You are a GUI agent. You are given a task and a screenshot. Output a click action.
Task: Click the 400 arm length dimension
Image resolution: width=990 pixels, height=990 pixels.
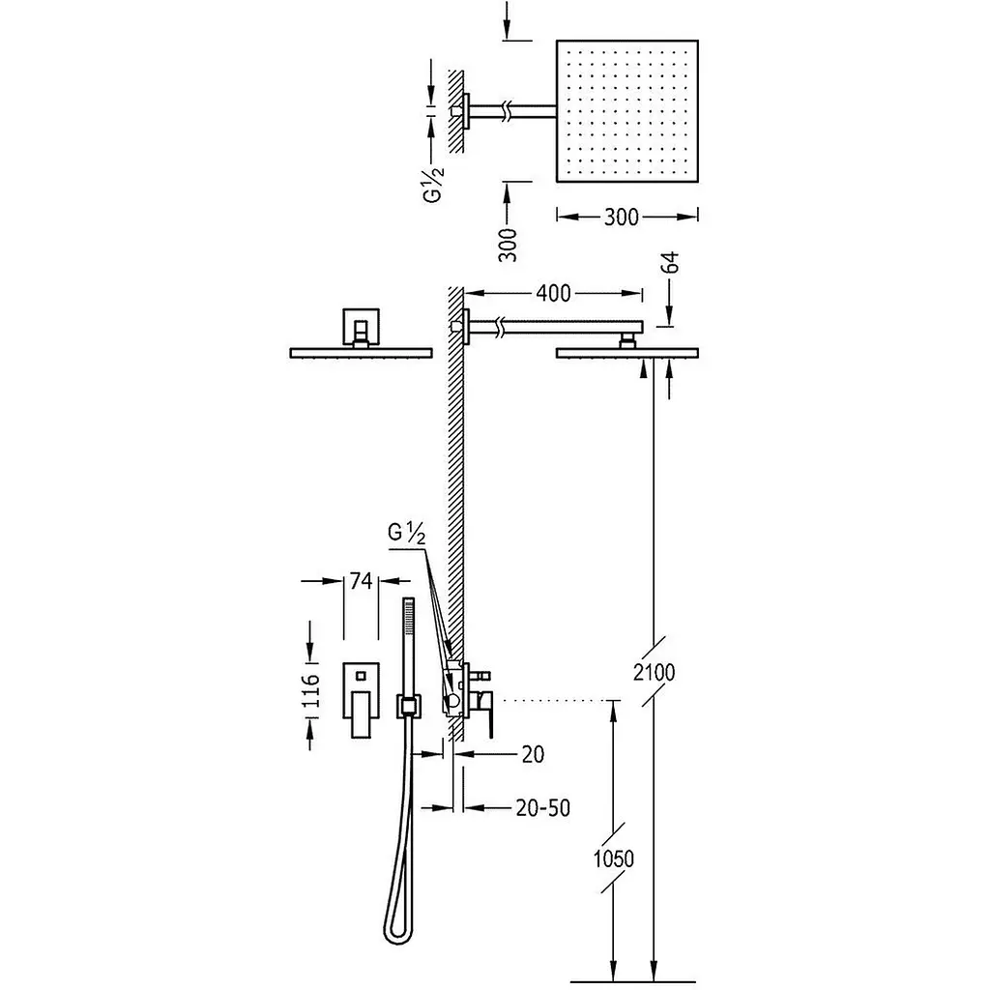[x=553, y=293]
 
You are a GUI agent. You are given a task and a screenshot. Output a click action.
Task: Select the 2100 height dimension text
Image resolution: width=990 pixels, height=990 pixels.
[x=655, y=673]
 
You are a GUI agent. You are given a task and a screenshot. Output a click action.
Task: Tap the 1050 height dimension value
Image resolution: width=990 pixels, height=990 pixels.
[x=613, y=859]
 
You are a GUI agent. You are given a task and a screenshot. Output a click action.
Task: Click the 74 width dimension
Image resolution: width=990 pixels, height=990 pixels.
[x=361, y=581]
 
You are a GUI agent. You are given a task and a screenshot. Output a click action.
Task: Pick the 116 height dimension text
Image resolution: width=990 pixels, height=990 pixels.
[x=310, y=690]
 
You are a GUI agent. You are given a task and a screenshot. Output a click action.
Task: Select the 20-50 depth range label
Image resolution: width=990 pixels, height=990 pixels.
[x=543, y=807]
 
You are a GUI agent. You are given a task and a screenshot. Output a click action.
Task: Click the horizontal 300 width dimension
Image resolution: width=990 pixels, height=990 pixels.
[x=622, y=217]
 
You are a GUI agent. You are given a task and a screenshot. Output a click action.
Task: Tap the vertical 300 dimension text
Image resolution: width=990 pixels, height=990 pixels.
[x=507, y=245]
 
